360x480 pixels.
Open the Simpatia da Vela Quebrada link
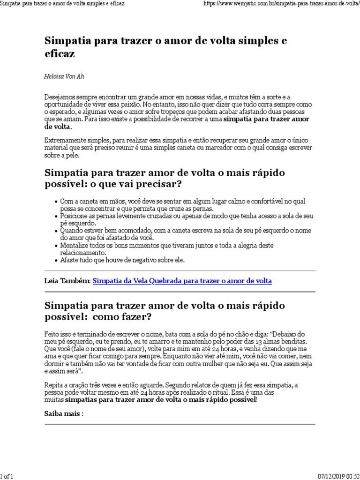pos(182,281)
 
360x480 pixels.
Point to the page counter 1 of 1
pos(7,476)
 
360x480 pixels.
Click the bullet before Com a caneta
pos(56,202)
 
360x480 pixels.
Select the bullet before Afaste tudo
pos(56,260)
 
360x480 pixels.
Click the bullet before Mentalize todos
pos(56,246)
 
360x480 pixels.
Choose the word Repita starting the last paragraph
pos(53,385)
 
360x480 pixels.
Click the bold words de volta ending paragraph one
pos(58,127)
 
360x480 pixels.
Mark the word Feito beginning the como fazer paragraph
pos(52,334)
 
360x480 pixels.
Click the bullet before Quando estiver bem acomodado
pos(56,231)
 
